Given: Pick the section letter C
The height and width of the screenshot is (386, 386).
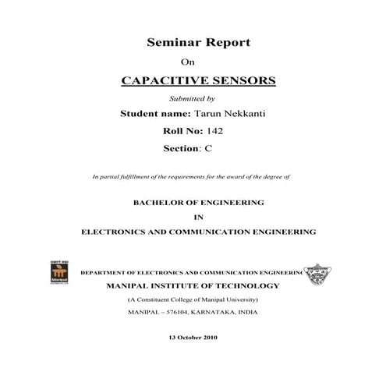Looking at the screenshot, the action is (208, 147).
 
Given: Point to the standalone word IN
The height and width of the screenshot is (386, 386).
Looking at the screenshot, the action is (198, 217).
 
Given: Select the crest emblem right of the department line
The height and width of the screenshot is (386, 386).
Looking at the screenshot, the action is (319, 272).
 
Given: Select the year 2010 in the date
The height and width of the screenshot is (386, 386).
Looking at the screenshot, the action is (208, 337).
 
